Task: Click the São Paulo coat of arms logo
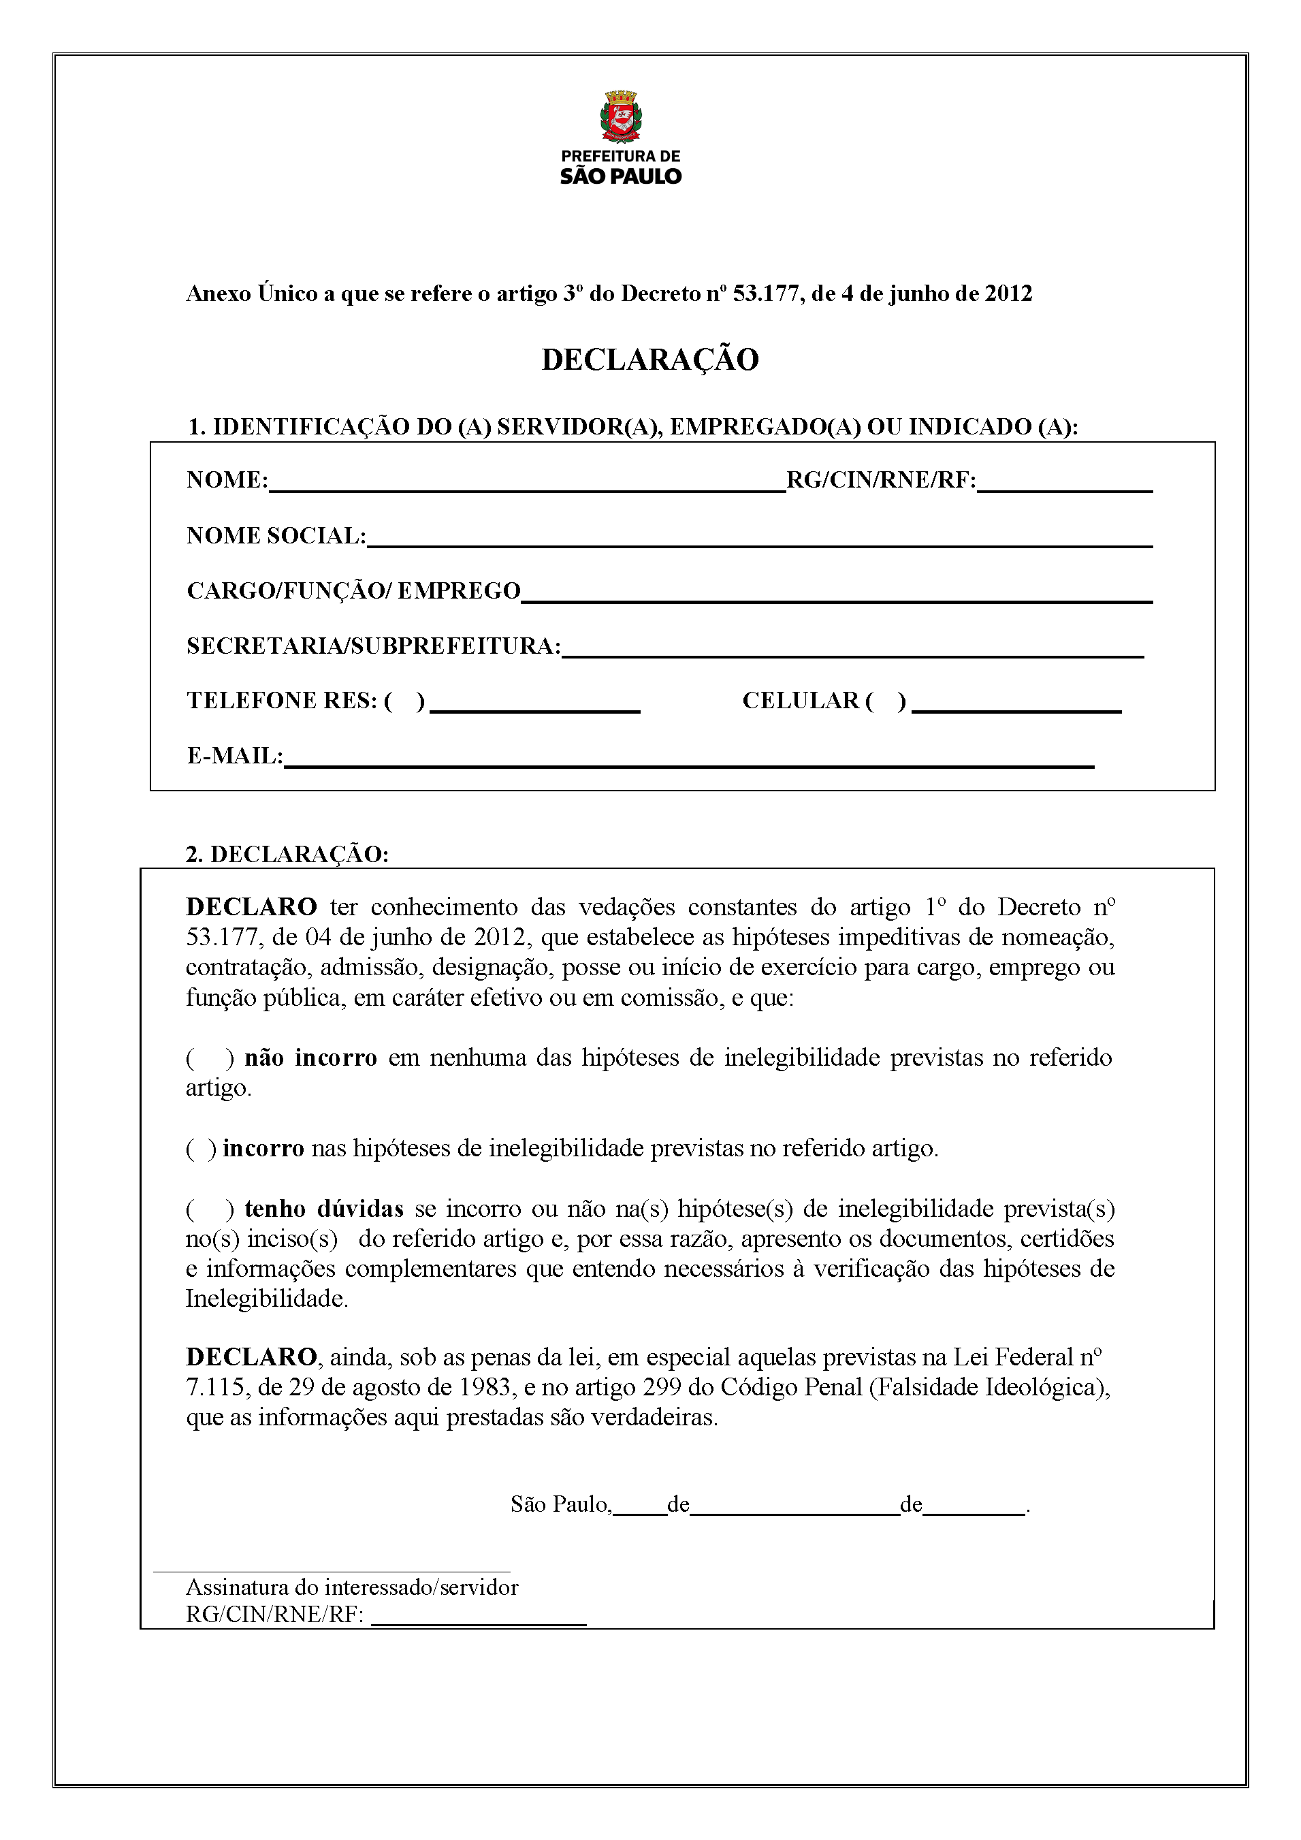click(x=620, y=116)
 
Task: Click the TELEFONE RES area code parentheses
click(x=404, y=701)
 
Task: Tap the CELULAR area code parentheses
click(x=885, y=701)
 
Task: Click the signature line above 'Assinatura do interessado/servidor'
click(x=332, y=1571)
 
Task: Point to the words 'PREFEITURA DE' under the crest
click(x=620, y=156)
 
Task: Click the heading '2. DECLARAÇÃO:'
click(x=287, y=854)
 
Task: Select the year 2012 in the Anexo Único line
click(x=1008, y=294)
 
